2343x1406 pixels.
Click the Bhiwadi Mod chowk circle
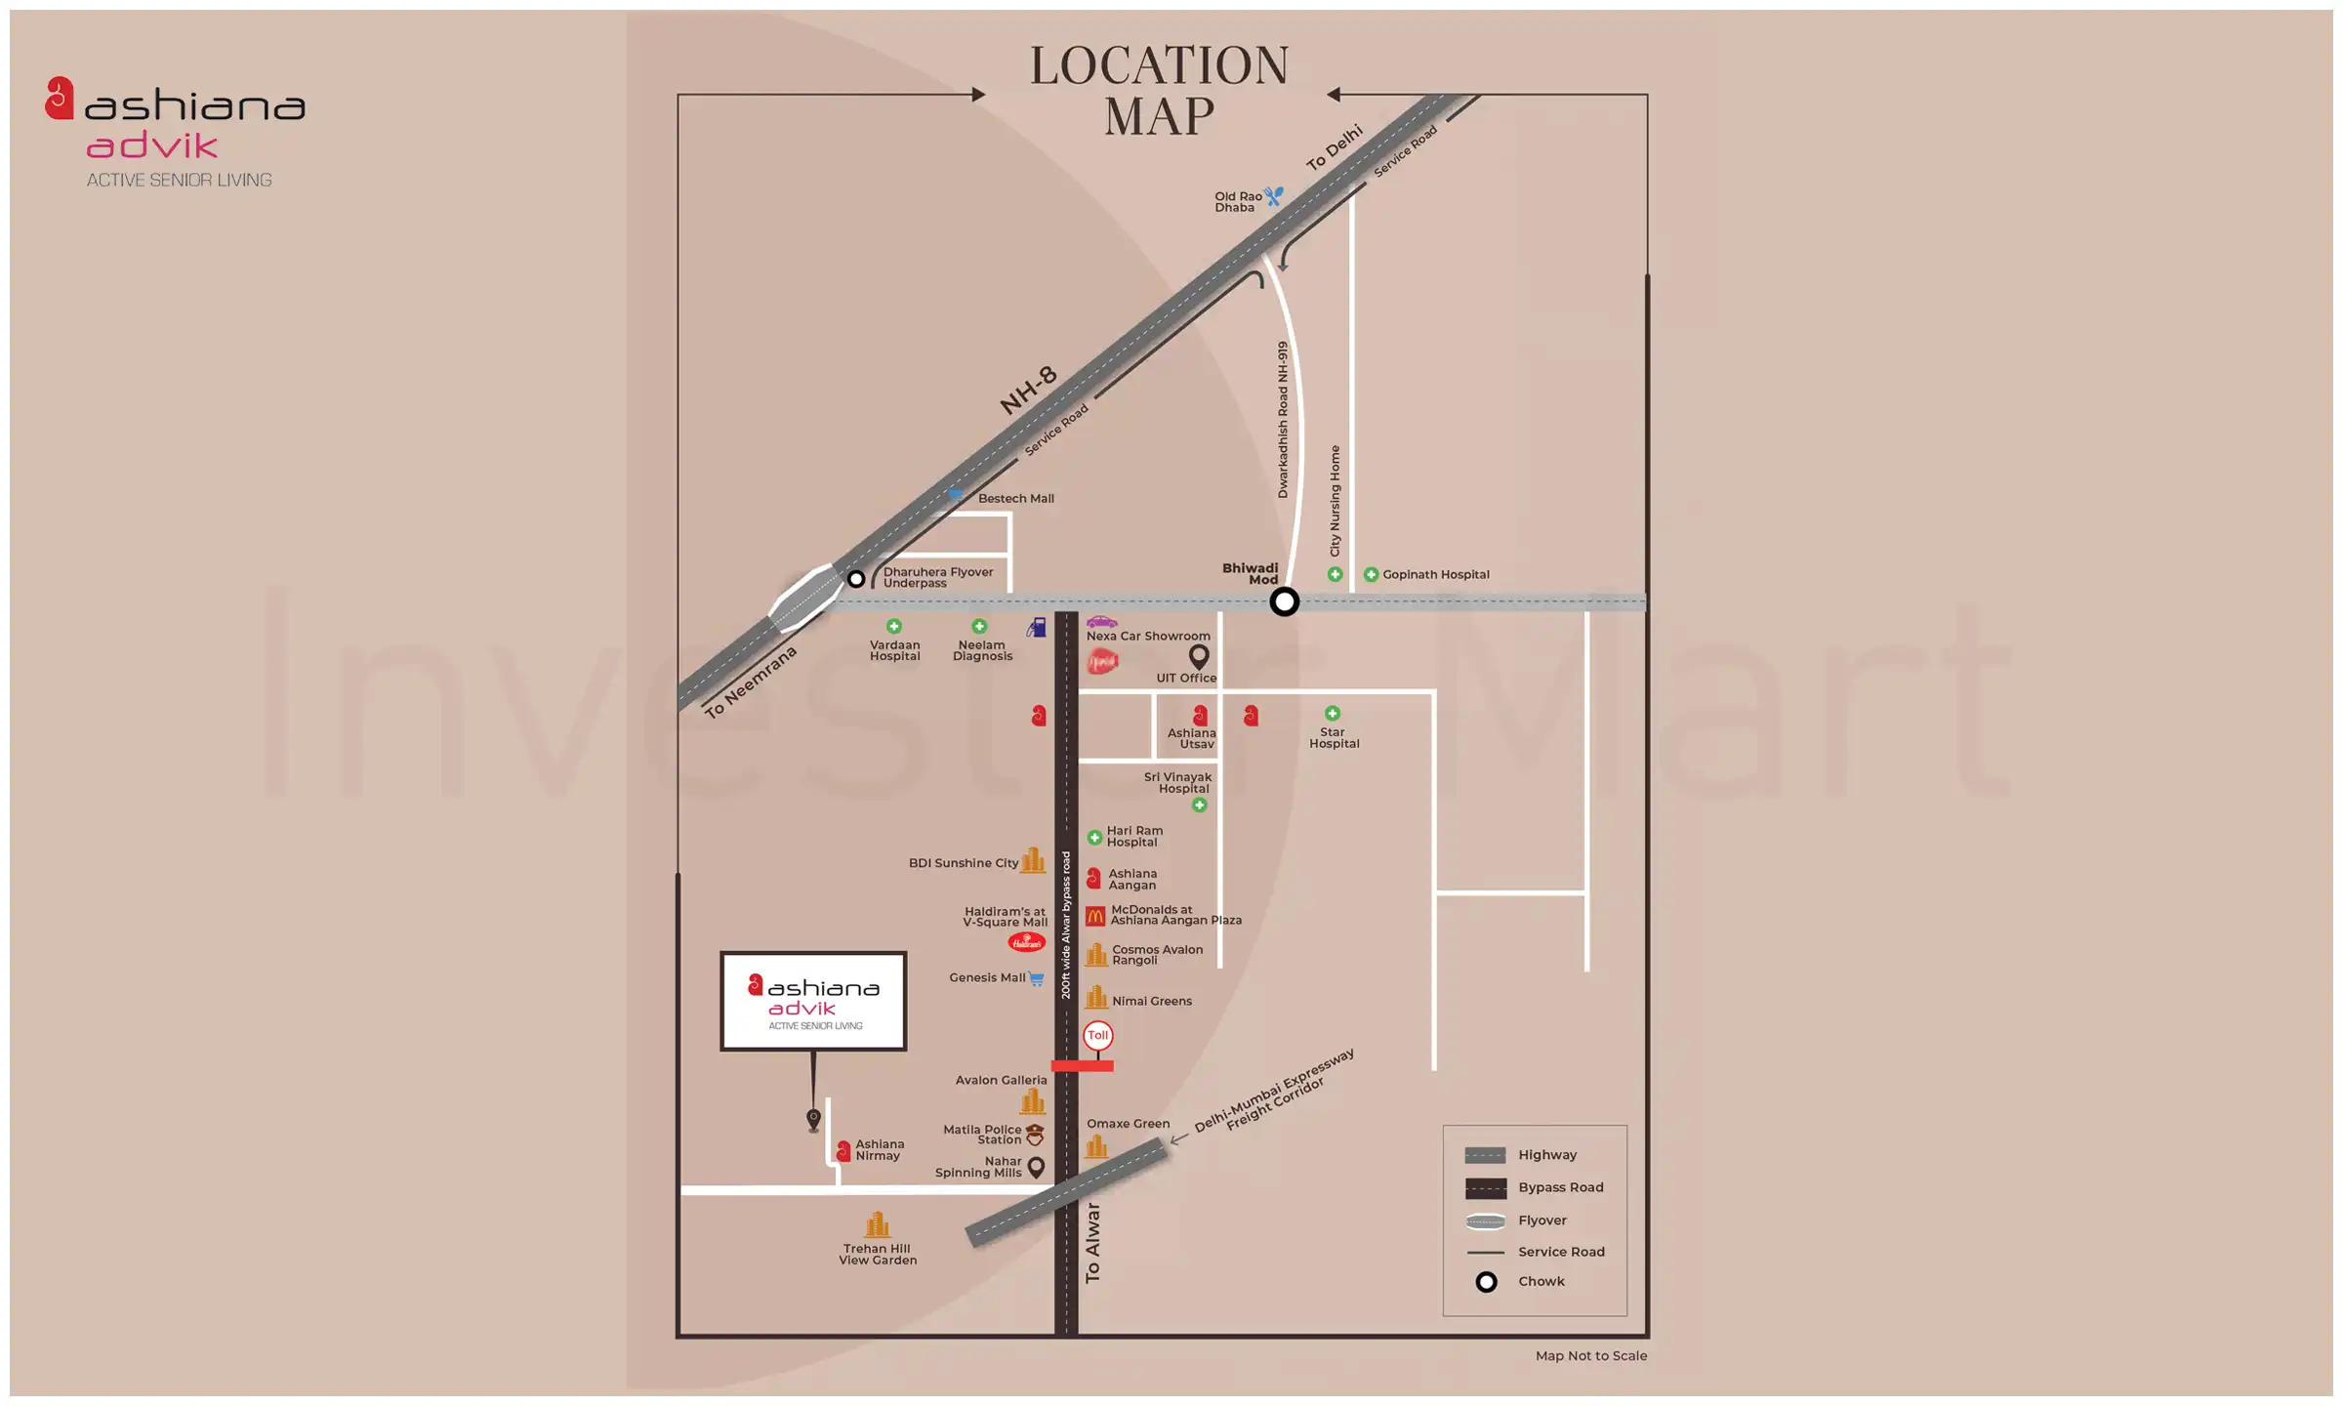point(1284,601)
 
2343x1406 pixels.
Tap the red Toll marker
point(1097,1035)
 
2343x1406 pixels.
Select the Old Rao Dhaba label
point(1237,202)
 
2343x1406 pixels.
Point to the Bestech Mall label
point(1015,499)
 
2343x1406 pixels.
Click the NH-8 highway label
point(1028,390)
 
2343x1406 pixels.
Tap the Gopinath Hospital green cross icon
point(1371,575)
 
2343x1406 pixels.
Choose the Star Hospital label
point(1334,738)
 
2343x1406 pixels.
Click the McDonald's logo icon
point(1095,916)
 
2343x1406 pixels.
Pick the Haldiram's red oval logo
point(1026,942)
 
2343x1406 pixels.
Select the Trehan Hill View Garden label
point(878,1255)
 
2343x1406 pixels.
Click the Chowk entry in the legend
point(1541,1282)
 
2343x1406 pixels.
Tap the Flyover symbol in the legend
point(1485,1221)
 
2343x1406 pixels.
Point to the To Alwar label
point(1092,1243)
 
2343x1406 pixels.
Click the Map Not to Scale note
point(1590,1356)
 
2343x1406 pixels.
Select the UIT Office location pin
point(1199,656)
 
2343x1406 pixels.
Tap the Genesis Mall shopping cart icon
point(1036,978)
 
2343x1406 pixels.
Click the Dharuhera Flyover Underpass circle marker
point(856,579)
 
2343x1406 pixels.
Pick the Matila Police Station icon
point(1035,1135)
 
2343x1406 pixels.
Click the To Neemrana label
point(751,682)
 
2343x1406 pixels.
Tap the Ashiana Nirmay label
point(879,1150)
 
